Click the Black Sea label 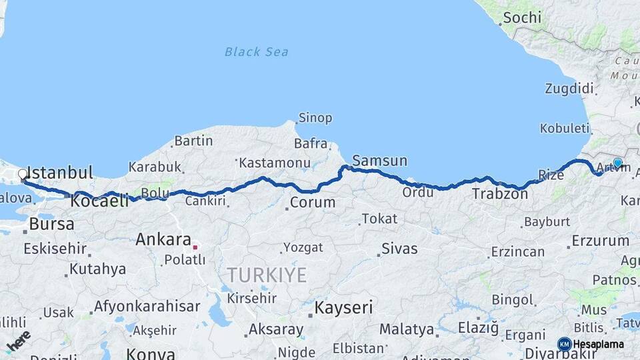point(256,51)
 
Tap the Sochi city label point(521,18)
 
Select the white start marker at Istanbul point(23,175)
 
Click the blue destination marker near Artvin point(618,163)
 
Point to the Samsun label point(379,161)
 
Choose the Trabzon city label point(500,194)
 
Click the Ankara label point(163,239)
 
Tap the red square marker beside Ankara point(195,246)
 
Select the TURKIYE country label point(267,275)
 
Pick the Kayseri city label point(343,307)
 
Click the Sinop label point(315,118)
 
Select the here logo point(19,341)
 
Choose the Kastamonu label point(275,163)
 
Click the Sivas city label point(399,249)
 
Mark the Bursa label point(51,224)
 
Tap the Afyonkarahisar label point(147,307)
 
